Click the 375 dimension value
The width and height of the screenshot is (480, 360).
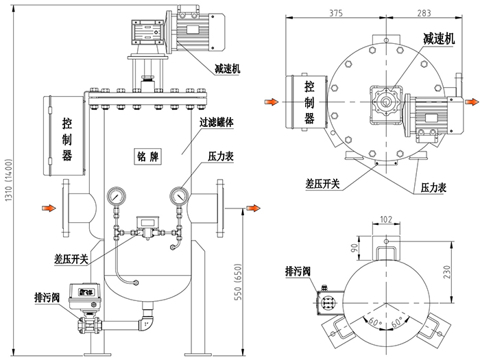pyautogui.click(x=335, y=12)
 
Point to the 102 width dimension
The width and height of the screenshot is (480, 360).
pyautogui.click(x=387, y=220)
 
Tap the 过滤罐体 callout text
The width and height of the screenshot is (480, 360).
pyautogui.click(x=217, y=123)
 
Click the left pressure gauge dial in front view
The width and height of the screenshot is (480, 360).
pyautogui.click(x=115, y=196)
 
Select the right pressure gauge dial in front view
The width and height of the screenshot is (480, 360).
pyautogui.click(x=180, y=196)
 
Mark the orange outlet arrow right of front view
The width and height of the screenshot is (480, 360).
pyautogui.click(x=252, y=206)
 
